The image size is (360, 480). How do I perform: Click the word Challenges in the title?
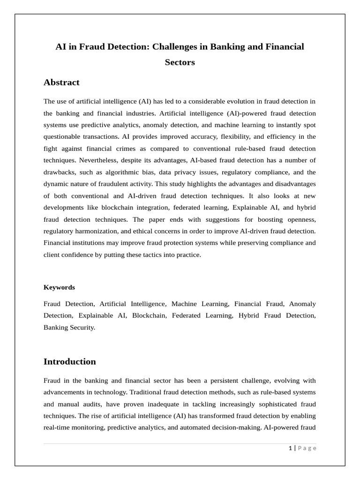click(177, 47)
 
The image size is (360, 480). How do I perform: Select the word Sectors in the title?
click(180, 62)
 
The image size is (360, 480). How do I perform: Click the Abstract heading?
click(61, 82)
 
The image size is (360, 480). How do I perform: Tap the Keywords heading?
click(59, 287)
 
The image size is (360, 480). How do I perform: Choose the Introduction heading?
click(69, 361)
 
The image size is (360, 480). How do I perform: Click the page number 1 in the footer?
click(290, 448)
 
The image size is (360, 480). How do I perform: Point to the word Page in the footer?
click(307, 448)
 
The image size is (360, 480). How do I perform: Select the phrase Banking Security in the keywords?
click(69, 327)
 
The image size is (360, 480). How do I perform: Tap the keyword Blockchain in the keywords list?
click(149, 315)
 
